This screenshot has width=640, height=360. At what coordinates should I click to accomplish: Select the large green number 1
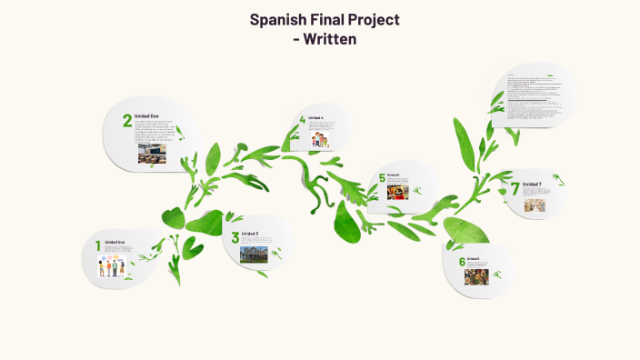coord(97,245)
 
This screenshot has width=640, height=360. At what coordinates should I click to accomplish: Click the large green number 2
coord(127,121)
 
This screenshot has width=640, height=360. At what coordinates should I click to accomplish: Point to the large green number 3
coord(235,238)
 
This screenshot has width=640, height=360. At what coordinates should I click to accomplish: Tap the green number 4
coord(302,120)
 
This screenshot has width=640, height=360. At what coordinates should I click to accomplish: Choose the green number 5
coord(383,178)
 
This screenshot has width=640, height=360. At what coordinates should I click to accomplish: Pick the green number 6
coord(462,262)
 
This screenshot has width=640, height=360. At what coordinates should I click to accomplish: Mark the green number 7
coord(515,189)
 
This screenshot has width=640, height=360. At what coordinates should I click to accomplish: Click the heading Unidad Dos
coord(147,116)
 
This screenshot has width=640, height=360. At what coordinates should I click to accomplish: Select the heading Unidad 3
coord(250,234)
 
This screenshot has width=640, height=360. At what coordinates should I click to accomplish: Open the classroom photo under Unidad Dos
coord(152,155)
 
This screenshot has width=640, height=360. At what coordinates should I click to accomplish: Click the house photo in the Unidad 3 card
coord(255,254)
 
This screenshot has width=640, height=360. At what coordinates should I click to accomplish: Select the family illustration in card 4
coord(321,140)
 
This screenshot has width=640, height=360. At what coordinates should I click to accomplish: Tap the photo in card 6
coord(478,275)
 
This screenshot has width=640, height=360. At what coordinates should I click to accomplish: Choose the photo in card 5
coord(397,191)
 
